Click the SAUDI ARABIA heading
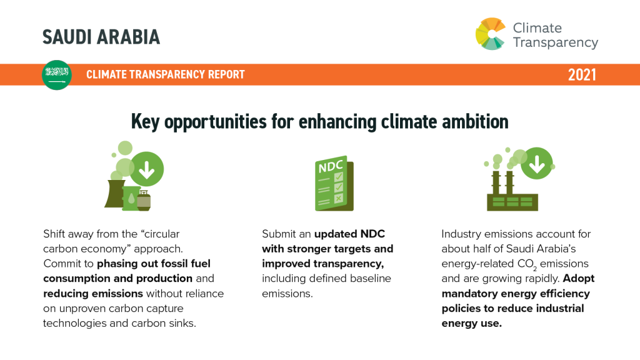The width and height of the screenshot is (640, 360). pos(101,37)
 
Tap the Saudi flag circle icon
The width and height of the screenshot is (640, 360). pos(57,75)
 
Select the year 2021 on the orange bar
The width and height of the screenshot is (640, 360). pos(582,75)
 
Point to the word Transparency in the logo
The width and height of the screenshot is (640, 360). pos(556,42)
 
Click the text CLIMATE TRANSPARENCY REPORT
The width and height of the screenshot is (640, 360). pos(165,74)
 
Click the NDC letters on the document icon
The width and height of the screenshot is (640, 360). pos(331,166)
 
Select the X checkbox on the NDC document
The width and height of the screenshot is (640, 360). pos(338,198)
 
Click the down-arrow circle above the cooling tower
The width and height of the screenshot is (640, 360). pos(146,169)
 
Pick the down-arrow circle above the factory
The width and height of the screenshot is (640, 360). pos(537,163)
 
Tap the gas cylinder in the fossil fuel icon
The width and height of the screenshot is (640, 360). pos(144,201)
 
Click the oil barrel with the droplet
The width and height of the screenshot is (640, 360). pos(131,198)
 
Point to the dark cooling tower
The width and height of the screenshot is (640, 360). pos(115,194)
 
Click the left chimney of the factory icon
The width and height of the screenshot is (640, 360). pos(496,183)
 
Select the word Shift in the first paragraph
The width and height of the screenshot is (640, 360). pos(54,234)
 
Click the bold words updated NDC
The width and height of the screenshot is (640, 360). pos(349,234)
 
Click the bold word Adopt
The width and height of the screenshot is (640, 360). pos(579,279)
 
